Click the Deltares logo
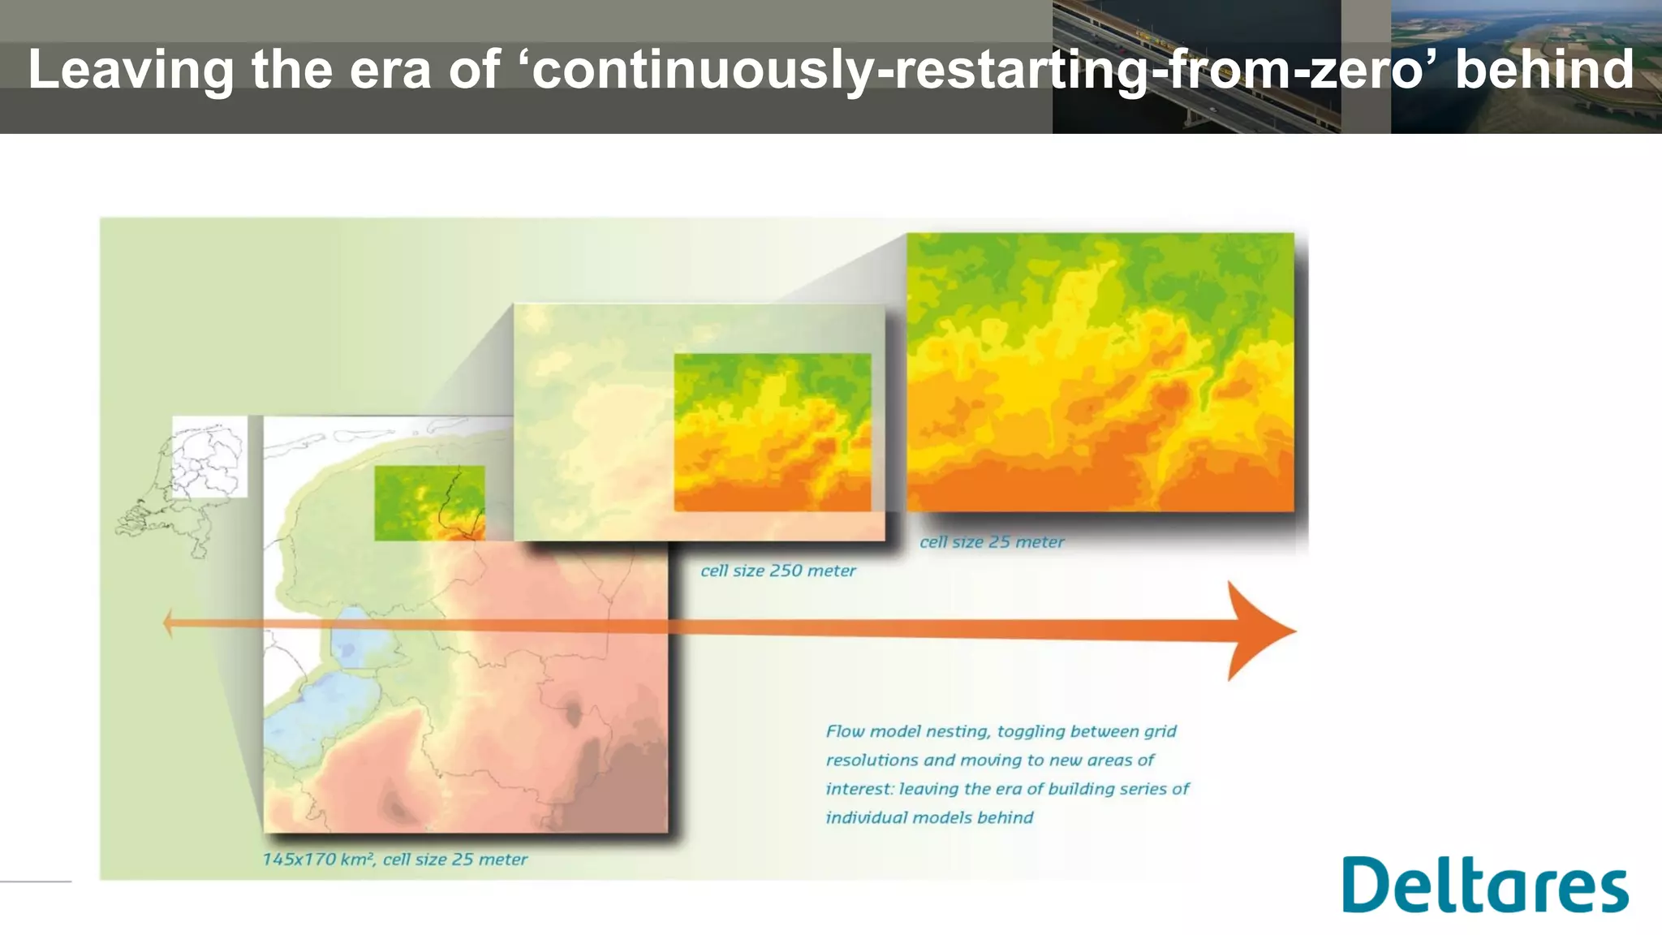(1484, 885)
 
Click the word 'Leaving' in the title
(131, 70)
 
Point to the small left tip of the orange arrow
(168, 623)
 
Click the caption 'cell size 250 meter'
(777, 571)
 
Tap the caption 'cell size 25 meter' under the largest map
(991, 542)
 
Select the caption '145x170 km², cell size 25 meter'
(394, 860)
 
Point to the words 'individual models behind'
(929, 817)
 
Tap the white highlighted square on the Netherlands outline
(209, 456)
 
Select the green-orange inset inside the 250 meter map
(772, 432)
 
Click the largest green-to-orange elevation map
(1100, 372)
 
